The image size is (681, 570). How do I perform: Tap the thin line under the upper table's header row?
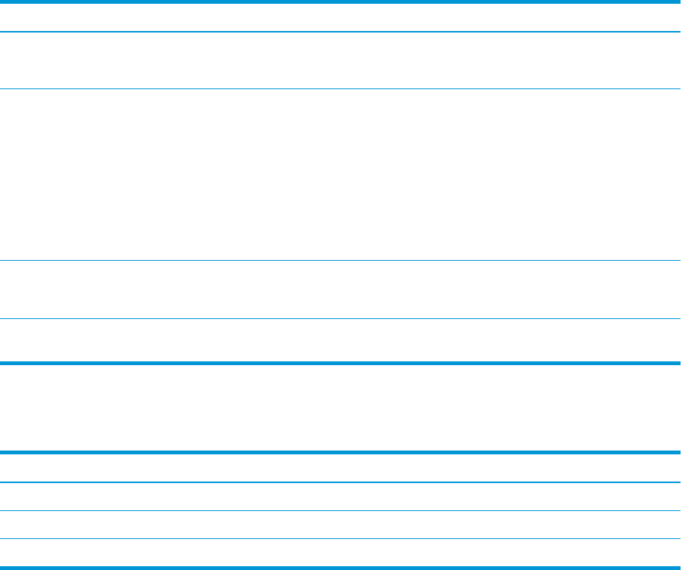340,32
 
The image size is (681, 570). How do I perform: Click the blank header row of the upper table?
340,17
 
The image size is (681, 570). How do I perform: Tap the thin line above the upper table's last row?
340,319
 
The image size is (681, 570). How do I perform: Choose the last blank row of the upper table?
340,341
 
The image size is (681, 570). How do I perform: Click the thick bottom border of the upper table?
340,364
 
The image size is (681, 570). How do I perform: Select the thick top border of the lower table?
340,452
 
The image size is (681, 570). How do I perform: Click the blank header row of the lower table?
340,467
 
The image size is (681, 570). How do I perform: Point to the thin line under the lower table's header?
340,482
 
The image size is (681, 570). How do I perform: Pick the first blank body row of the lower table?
340,497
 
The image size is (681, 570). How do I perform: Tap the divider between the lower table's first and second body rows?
340,511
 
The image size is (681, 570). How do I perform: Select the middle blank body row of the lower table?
340,525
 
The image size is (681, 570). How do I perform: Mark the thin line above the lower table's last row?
340,539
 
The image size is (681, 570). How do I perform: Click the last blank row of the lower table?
340,553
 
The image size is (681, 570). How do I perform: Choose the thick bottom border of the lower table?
340,567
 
